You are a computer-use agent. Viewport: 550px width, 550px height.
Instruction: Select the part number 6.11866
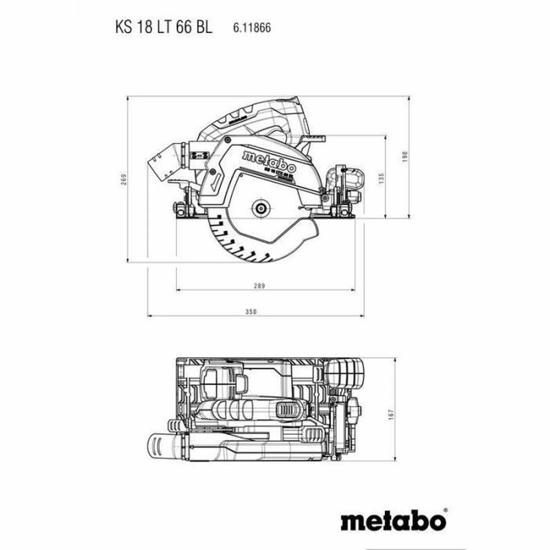tap(252, 28)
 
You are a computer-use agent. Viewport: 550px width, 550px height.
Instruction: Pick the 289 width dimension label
tap(260, 286)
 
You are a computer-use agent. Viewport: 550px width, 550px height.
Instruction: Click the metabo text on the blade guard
tap(269, 161)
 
